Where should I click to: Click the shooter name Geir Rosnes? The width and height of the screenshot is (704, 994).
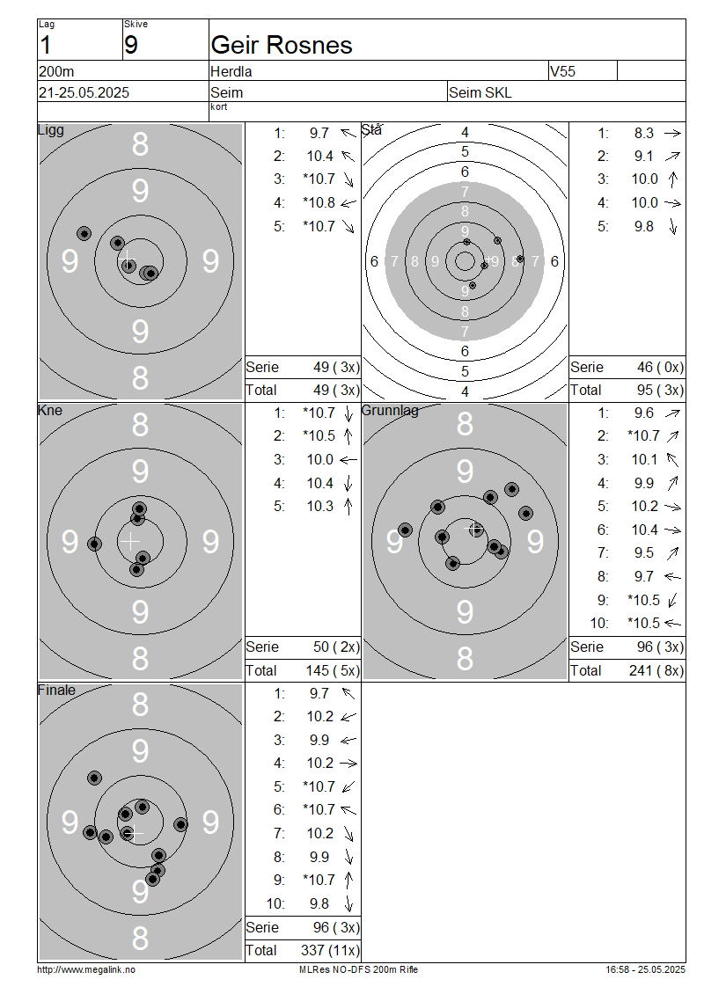(x=281, y=45)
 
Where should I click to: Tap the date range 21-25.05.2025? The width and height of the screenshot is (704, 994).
(x=84, y=92)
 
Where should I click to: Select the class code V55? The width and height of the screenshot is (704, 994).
(x=562, y=71)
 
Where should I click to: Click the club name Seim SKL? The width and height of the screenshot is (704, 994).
(x=480, y=92)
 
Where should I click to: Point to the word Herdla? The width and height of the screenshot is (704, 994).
(x=231, y=71)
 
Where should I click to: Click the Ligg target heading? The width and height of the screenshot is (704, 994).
(x=51, y=130)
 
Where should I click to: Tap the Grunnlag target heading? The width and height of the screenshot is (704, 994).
(x=390, y=410)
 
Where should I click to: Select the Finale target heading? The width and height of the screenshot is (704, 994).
(x=56, y=690)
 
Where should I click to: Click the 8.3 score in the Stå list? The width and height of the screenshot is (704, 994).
(x=644, y=133)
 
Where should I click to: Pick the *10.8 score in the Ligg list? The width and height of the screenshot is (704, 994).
(x=319, y=203)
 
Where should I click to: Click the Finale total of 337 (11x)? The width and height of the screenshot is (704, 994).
(x=330, y=950)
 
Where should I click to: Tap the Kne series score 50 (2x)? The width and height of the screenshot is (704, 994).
(x=336, y=647)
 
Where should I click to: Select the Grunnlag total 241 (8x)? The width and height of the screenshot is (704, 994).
(x=656, y=670)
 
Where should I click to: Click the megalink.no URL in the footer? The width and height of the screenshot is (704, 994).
(x=86, y=969)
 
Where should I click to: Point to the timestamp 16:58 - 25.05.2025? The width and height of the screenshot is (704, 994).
(x=646, y=969)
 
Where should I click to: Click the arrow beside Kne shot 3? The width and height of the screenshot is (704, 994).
(x=348, y=460)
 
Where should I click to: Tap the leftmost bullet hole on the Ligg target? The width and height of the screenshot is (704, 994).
(x=84, y=234)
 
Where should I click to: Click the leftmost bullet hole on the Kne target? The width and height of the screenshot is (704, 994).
(x=94, y=544)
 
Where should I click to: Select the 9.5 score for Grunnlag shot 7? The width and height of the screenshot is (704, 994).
(x=644, y=553)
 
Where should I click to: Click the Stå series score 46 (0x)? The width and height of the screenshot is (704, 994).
(x=660, y=367)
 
